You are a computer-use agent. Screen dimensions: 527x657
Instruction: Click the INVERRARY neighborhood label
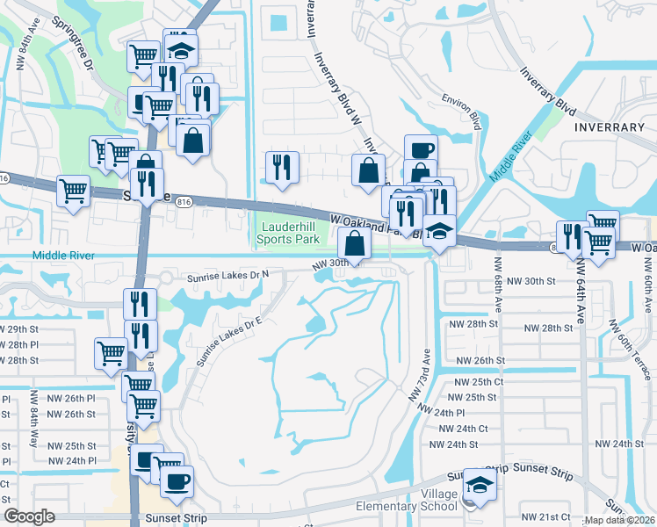click(x=609, y=127)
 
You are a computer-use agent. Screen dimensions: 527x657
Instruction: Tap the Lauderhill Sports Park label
click(x=288, y=232)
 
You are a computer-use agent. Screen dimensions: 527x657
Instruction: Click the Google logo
click(x=29, y=516)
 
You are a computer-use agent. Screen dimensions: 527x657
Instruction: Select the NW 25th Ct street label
click(x=479, y=382)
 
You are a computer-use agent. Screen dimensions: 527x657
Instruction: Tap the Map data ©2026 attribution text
click(x=619, y=520)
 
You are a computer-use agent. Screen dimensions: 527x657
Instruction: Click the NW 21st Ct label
click(x=542, y=517)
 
